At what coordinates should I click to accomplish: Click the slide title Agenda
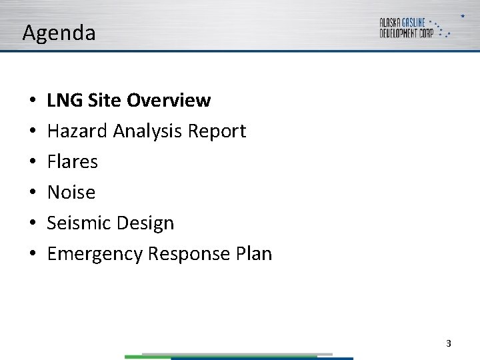click(59, 33)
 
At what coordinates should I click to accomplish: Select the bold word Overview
click(168, 101)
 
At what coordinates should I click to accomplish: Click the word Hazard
click(77, 131)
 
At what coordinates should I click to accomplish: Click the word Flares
click(72, 162)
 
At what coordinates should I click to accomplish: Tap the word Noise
click(71, 193)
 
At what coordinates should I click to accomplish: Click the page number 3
click(448, 343)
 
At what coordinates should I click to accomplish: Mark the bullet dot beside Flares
click(31, 162)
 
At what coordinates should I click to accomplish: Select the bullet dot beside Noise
click(31, 193)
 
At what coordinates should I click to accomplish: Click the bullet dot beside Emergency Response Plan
click(31, 254)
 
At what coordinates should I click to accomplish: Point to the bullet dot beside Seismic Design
click(31, 223)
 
